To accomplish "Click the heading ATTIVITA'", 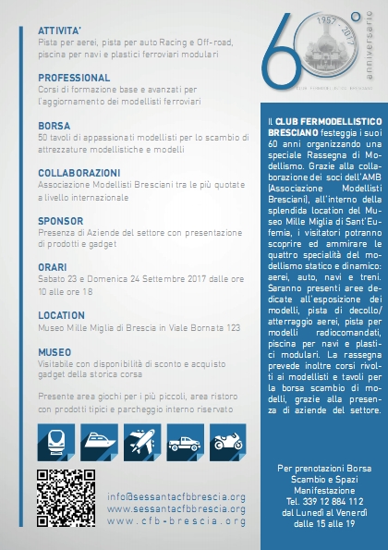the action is pos(59,30).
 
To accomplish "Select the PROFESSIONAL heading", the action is pos(74,77).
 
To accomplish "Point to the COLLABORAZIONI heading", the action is pos(79,172).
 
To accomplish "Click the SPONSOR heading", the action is pos(60,220).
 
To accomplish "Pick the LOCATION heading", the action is pos(61,315).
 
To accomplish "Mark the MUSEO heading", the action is pos(55,352).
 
